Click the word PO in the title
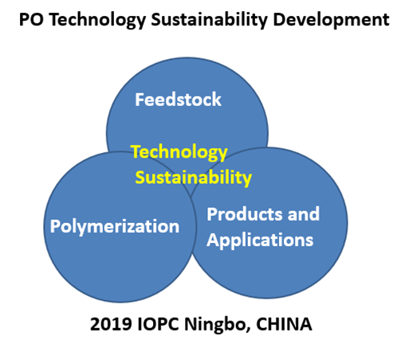(x=31, y=20)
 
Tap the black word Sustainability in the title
(x=210, y=21)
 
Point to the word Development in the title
(x=331, y=21)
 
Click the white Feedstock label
(x=178, y=100)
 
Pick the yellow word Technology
(x=179, y=153)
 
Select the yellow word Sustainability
(x=194, y=178)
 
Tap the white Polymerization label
(x=115, y=227)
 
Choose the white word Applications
(x=260, y=241)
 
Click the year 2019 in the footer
(x=111, y=324)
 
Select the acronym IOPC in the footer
(x=159, y=324)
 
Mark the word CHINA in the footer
(x=284, y=324)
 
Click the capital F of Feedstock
(x=140, y=100)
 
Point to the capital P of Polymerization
(x=55, y=226)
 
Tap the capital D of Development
(x=280, y=20)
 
